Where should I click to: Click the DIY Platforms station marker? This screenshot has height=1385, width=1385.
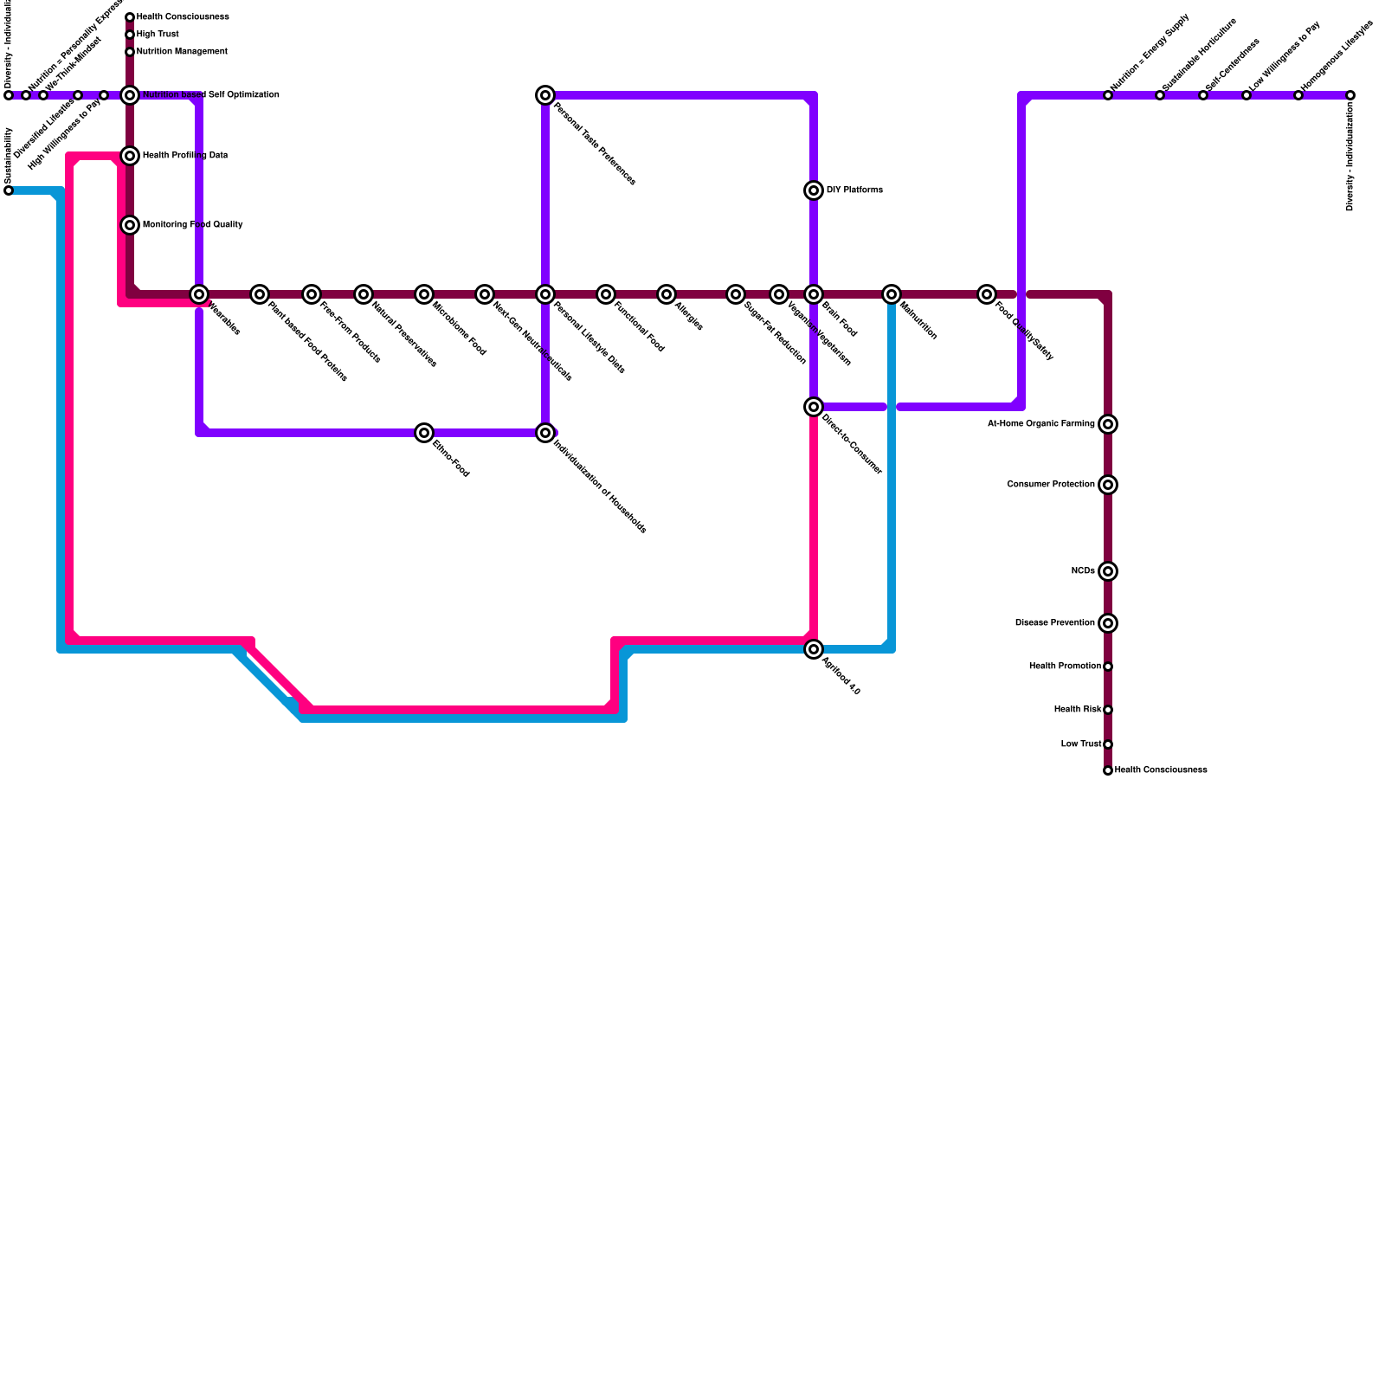pos(814,190)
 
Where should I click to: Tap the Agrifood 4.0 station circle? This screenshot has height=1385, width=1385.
pos(814,649)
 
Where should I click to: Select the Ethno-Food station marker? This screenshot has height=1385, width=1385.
pos(424,433)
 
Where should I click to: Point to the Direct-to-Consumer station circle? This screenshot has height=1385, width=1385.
pos(814,407)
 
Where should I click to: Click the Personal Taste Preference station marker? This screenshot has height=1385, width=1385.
pos(545,95)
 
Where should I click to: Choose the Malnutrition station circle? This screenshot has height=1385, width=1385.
pos(892,294)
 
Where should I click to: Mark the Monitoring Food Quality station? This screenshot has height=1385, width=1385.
pos(130,225)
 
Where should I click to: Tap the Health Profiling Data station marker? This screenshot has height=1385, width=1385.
pos(130,156)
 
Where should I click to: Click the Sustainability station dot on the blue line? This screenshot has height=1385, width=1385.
pos(9,190)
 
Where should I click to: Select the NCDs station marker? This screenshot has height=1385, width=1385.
pos(1108,571)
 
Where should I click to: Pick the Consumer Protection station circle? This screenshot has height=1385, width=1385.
pos(1108,485)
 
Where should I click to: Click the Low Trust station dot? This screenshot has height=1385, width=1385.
pos(1108,744)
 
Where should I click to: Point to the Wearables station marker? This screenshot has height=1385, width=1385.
pos(199,294)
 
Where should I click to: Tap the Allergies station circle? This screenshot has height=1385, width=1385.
pos(667,294)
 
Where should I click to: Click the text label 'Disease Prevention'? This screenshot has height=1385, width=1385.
pos(1054,623)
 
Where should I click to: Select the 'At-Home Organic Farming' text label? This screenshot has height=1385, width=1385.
pos(1040,424)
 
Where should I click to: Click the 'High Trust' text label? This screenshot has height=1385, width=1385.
pos(158,35)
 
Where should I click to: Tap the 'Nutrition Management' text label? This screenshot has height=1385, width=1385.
pos(182,52)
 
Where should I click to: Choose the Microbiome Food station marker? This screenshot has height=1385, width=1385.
pos(424,294)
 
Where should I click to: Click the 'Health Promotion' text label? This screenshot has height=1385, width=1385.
pos(1065,667)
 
